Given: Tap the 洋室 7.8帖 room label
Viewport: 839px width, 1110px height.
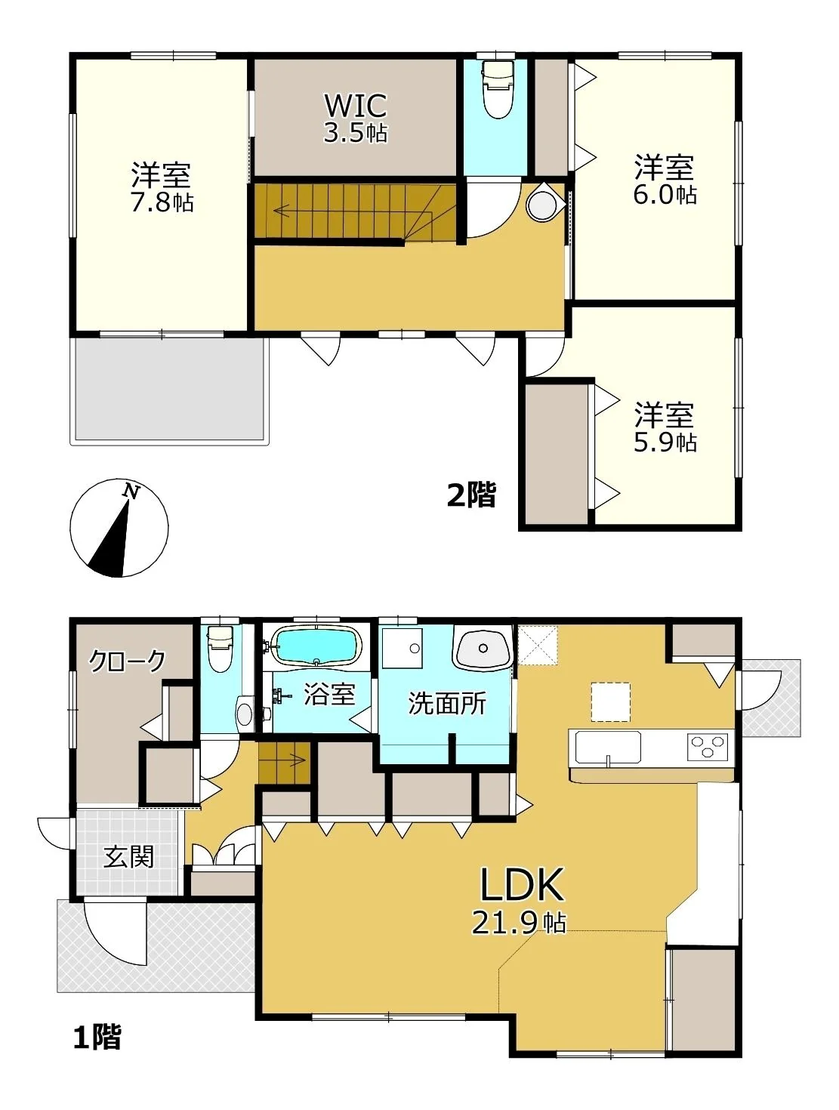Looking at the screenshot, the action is [x=162, y=187].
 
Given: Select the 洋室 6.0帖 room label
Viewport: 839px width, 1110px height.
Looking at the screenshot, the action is [x=665, y=180].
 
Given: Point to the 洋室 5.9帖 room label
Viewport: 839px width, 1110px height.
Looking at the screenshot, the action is [x=665, y=427].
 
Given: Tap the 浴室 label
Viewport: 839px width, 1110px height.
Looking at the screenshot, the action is [x=329, y=695].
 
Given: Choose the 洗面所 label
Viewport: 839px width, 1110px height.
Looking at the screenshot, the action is [x=447, y=703].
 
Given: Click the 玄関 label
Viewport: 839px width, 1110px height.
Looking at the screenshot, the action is [x=128, y=856].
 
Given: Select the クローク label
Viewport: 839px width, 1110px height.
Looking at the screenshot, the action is [x=127, y=661].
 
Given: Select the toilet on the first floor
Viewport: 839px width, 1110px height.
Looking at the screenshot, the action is [x=220, y=649].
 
